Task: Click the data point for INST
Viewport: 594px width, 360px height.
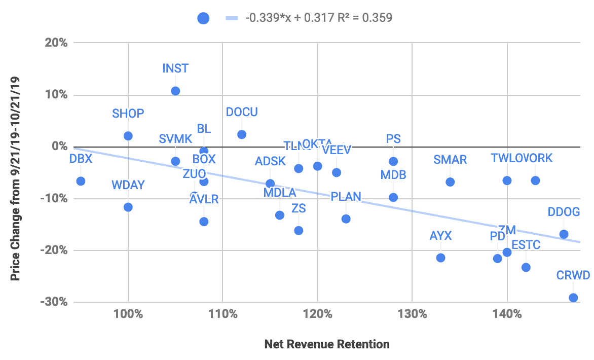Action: pos(175,91)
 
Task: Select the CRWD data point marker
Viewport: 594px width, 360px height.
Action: pos(573,298)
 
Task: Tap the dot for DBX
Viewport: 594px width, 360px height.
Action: pos(81,181)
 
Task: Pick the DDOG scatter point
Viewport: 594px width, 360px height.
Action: pos(564,234)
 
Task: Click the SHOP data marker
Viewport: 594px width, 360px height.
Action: pos(128,136)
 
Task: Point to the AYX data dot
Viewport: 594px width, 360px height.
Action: pos(440,258)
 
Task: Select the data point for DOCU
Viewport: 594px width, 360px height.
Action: pos(242,134)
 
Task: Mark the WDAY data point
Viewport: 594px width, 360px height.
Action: pos(128,207)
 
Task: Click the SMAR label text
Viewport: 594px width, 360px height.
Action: pos(450,160)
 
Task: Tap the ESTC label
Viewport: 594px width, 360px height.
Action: pos(526,245)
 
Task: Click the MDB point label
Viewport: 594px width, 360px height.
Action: pos(393,175)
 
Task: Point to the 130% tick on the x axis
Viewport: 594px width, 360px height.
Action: pos(412,314)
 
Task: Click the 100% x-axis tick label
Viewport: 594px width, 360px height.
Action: pos(128,314)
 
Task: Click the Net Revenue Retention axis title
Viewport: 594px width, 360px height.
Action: pos(327,345)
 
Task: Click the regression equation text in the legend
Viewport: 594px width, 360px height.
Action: pos(319,18)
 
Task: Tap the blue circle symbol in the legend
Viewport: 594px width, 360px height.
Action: pos(203,18)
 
